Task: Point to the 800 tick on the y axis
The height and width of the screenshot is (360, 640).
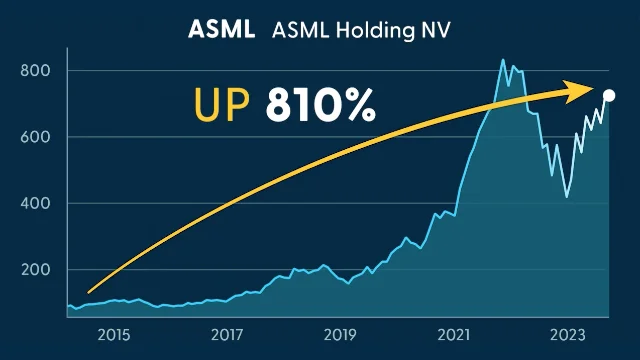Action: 34,71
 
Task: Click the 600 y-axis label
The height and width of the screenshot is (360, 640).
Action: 34,137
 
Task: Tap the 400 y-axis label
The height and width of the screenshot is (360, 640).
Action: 34,203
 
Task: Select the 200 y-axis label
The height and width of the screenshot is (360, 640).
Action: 34,270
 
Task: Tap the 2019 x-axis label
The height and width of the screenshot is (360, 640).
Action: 340,334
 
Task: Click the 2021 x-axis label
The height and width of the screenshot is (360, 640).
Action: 454,334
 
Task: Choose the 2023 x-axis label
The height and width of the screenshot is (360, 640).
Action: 567,334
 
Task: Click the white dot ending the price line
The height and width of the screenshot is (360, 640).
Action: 610,95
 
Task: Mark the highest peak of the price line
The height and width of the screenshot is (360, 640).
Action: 503,60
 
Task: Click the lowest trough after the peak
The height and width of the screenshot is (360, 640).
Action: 567,196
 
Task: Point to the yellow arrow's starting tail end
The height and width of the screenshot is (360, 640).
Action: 89,292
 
